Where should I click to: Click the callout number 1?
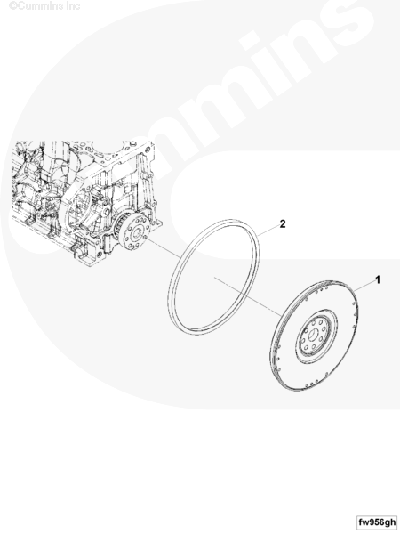[377, 280]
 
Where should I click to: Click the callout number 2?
[283, 223]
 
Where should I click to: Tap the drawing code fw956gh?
[378, 522]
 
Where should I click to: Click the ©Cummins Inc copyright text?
[44, 6]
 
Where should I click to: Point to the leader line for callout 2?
[268, 230]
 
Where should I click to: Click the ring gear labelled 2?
[213, 276]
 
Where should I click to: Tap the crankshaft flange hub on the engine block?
[136, 235]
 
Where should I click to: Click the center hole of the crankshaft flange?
[138, 233]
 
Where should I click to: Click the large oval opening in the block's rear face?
[79, 206]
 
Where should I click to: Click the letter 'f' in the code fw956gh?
[361, 522]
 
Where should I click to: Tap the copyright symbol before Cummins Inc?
[13, 6]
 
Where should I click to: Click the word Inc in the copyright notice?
[74, 6]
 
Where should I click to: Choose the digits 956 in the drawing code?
[377, 522]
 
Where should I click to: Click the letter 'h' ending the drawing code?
[393, 522]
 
